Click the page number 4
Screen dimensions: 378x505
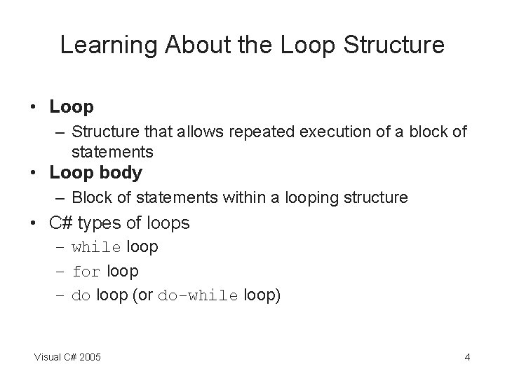click(467, 358)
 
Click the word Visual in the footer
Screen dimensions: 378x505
click(48, 358)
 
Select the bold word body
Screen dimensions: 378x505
click(121, 172)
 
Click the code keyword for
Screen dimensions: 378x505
click(86, 272)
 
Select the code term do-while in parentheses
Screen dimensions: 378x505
click(198, 296)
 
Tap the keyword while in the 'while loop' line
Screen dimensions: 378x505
click(96, 248)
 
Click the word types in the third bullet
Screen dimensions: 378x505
click(100, 223)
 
